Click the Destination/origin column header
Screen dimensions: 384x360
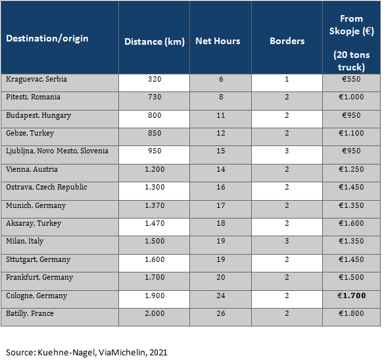click(x=47, y=38)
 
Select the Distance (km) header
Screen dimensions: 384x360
click(x=155, y=41)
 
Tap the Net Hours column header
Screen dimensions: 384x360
click(x=218, y=41)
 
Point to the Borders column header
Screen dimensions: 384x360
click(x=287, y=41)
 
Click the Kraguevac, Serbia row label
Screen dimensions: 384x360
click(x=36, y=79)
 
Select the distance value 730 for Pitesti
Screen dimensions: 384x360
click(x=155, y=97)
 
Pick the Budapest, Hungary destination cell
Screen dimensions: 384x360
click(x=38, y=115)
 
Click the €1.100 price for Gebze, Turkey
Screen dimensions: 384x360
click(x=351, y=133)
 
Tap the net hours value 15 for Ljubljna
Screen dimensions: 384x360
click(x=221, y=151)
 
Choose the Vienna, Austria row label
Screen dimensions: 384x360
click(x=32, y=169)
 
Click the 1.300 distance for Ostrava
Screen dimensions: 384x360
click(x=155, y=187)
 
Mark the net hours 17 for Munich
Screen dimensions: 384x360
click(x=221, y=205)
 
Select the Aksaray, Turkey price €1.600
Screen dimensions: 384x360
click(x=351, y=223)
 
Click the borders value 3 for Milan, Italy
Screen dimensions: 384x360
click(x=287, y=241)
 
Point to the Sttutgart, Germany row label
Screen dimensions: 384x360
click(x=38, y=259)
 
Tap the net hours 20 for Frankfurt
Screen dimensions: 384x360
click(x=221, y=277)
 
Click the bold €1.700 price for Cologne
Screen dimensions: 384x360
click(x=351, y=296)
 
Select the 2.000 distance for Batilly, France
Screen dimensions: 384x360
click(x=155, y=313)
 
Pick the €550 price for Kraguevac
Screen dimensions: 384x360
click(x=351, y=79)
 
